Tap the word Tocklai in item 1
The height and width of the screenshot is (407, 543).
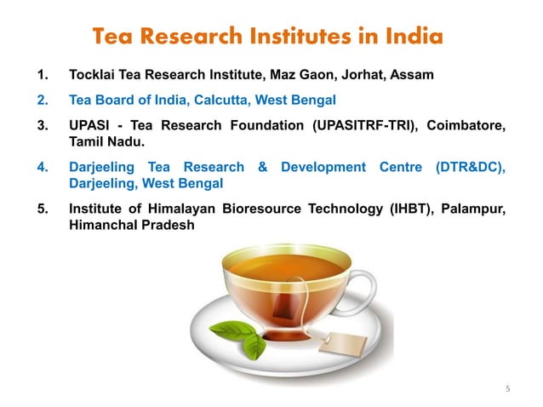[93, 75]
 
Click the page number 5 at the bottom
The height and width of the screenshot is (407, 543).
[507, 389]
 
